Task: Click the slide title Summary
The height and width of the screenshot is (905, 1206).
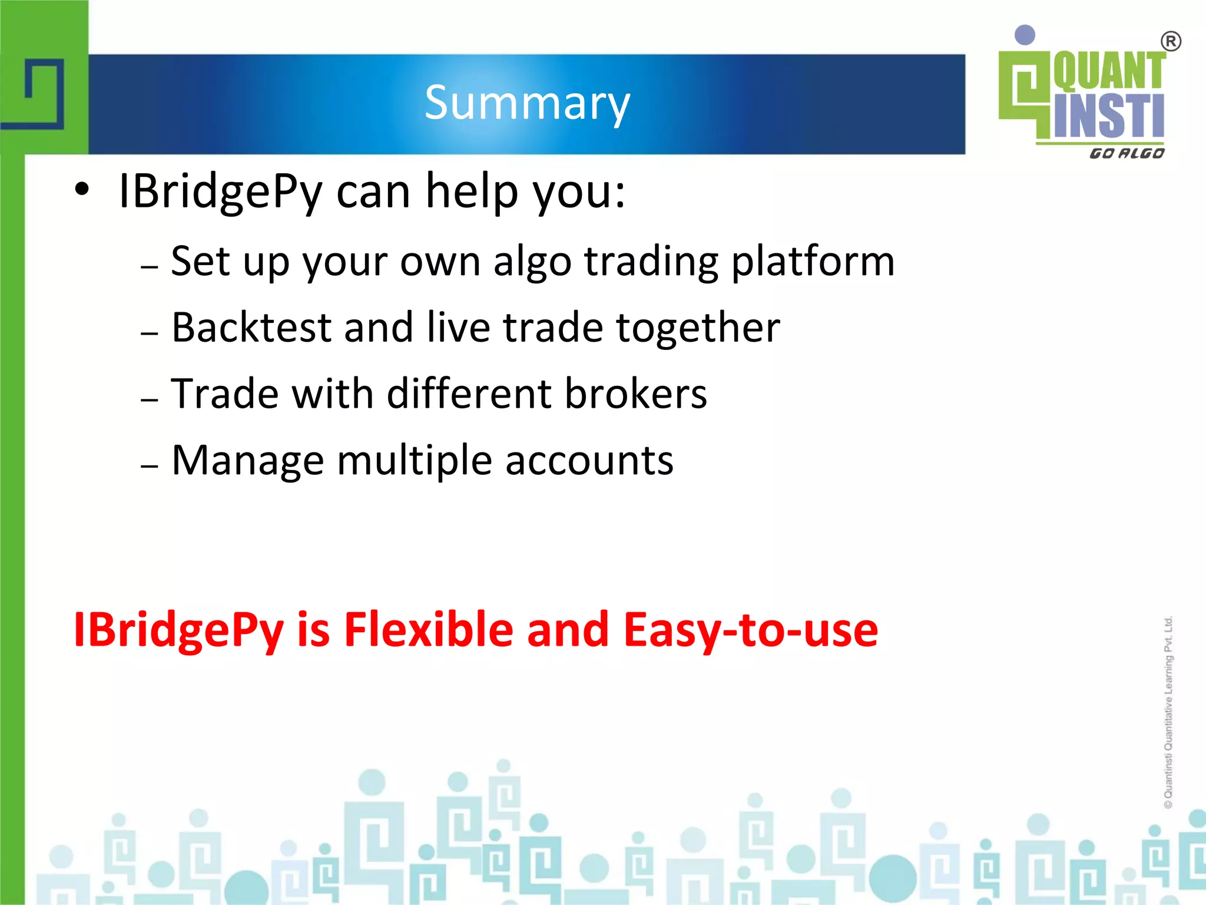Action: point(527,104)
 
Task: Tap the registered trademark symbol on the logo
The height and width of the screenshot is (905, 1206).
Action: point(1171,42)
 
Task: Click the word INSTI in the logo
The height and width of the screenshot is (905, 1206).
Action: point(1109,116)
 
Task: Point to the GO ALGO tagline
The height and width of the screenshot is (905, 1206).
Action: point(1127,154)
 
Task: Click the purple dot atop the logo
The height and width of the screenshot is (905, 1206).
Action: point(1025,35)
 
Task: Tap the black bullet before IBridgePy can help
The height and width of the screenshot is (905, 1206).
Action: point(82,190)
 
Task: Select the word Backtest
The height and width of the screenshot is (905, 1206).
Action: point(251,328)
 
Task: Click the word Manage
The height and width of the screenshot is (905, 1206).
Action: point(247,461)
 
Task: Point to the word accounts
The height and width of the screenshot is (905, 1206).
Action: point(589,461)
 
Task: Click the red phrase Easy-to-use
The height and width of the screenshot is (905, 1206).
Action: point(751,630)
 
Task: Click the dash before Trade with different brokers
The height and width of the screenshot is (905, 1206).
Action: point(150,399)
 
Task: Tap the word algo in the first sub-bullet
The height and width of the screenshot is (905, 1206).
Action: point(532,262)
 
